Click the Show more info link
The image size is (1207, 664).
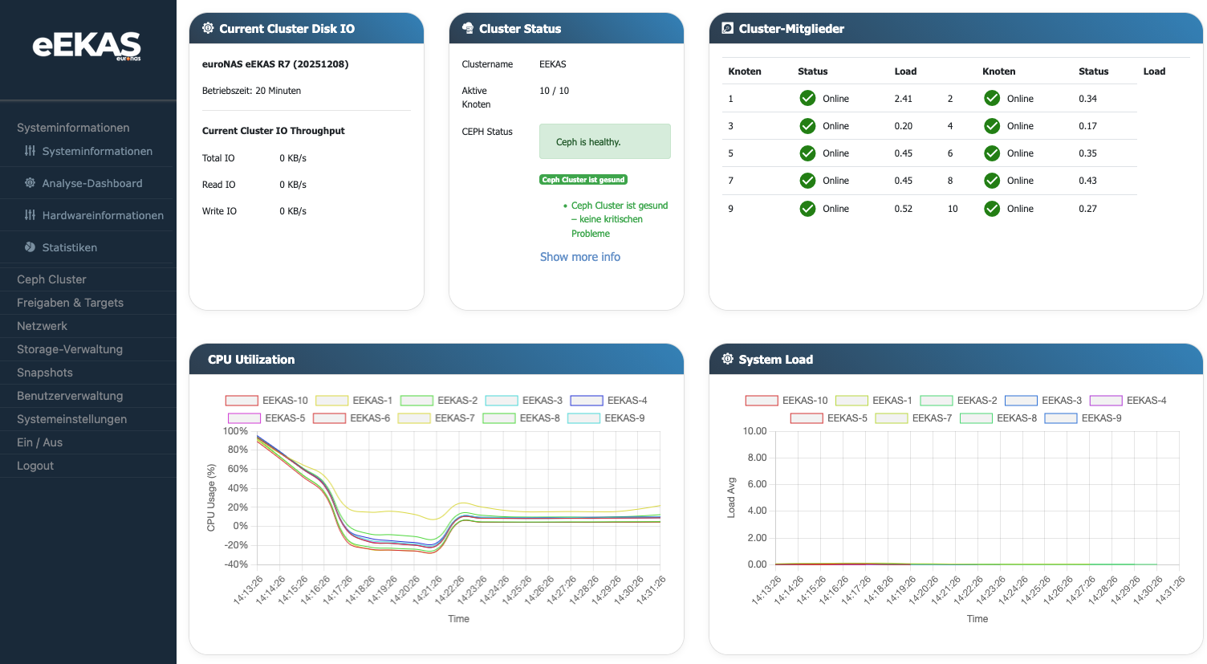579,257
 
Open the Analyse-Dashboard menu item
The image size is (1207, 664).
91,183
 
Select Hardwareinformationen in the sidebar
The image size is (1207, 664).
102,215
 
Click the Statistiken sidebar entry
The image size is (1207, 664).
69,247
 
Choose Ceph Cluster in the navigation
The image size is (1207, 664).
51,279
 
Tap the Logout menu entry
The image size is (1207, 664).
35,466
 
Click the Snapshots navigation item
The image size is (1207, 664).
45,373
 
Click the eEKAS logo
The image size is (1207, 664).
87,46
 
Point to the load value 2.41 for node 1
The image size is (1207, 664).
903,99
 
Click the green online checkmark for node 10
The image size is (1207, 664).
992,209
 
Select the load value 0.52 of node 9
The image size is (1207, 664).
903,209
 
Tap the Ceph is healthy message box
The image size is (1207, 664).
604,142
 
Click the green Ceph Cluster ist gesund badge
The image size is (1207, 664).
583,180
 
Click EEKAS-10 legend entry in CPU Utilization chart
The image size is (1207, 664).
266,400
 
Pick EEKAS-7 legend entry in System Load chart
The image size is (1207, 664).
913,418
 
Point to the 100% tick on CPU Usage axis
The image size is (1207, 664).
235,431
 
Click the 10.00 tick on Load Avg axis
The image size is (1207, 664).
754,431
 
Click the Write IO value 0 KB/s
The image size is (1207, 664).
293,211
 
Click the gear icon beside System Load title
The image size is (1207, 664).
727,359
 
